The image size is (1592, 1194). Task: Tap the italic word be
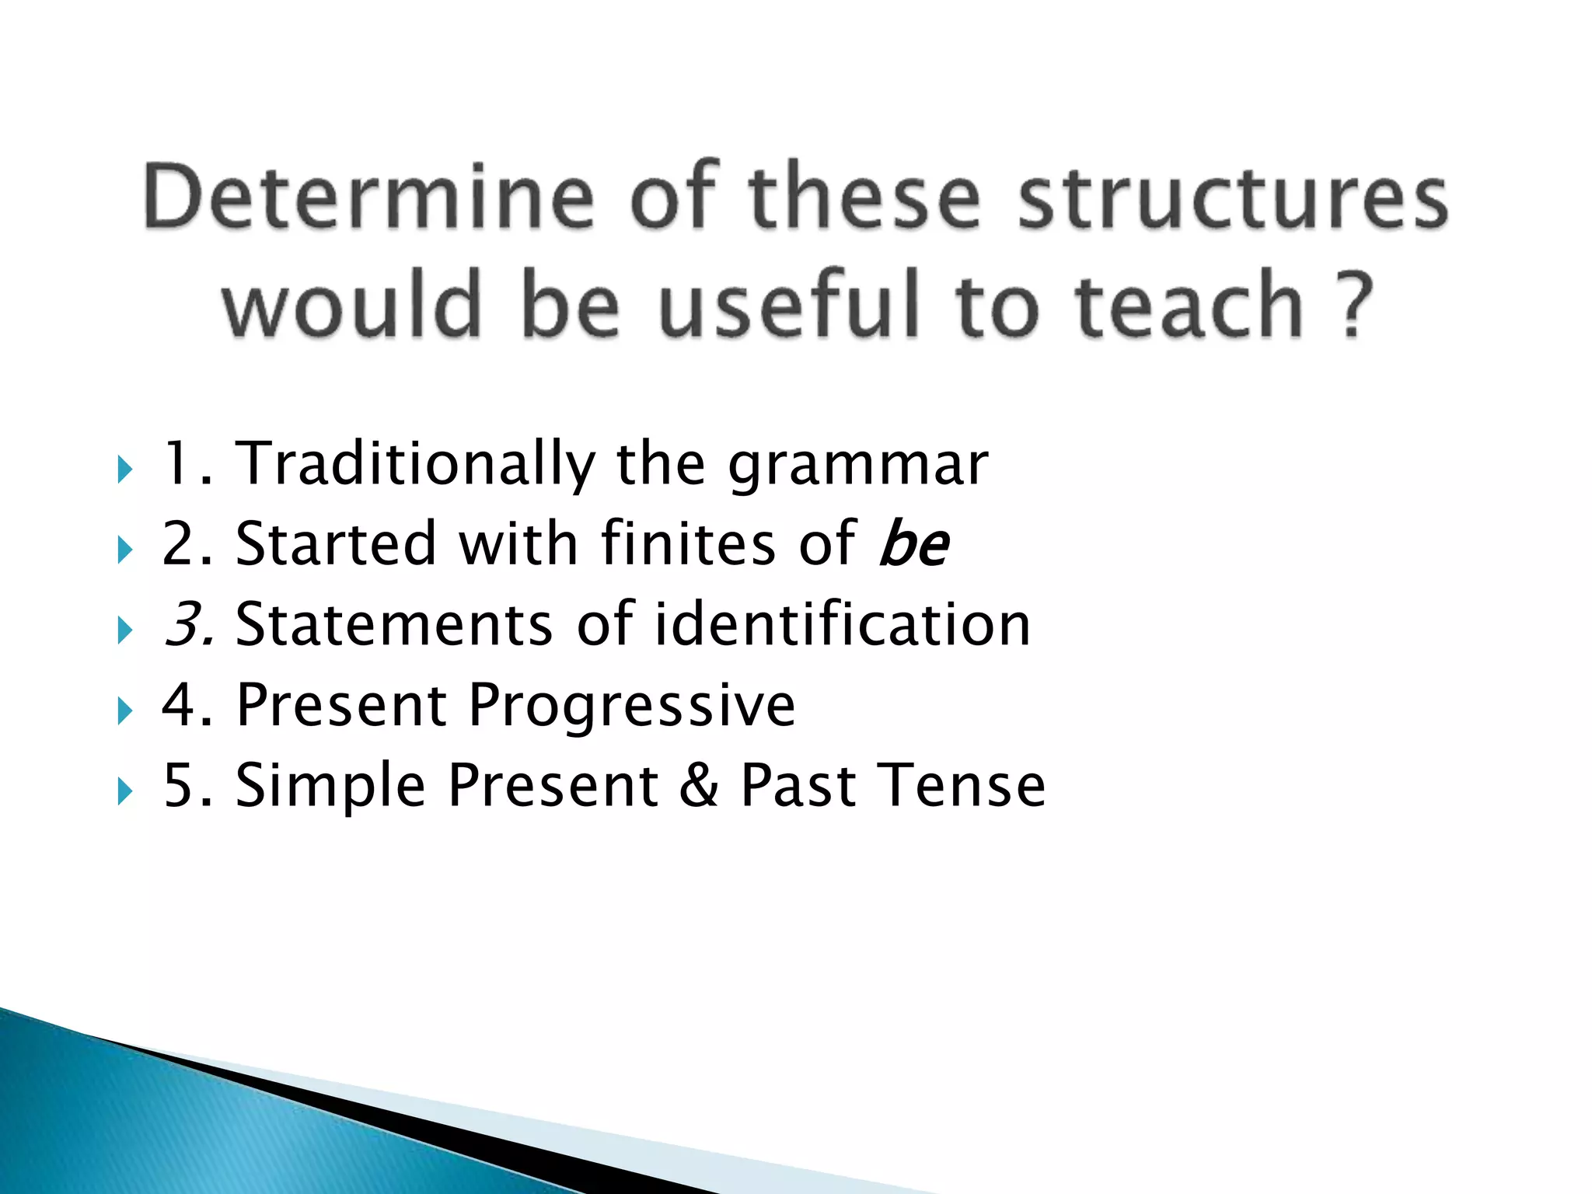(x=913, y=544)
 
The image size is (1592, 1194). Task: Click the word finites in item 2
(x=688, y=544)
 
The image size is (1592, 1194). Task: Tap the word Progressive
(x=632, y=705)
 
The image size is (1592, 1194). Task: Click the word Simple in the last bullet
(x=330, y=785)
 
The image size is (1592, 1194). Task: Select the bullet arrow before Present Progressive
(x=124, y=710)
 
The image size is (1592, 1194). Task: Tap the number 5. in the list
(x=187, y=785)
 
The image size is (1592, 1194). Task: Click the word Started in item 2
(x=336, y=544)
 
